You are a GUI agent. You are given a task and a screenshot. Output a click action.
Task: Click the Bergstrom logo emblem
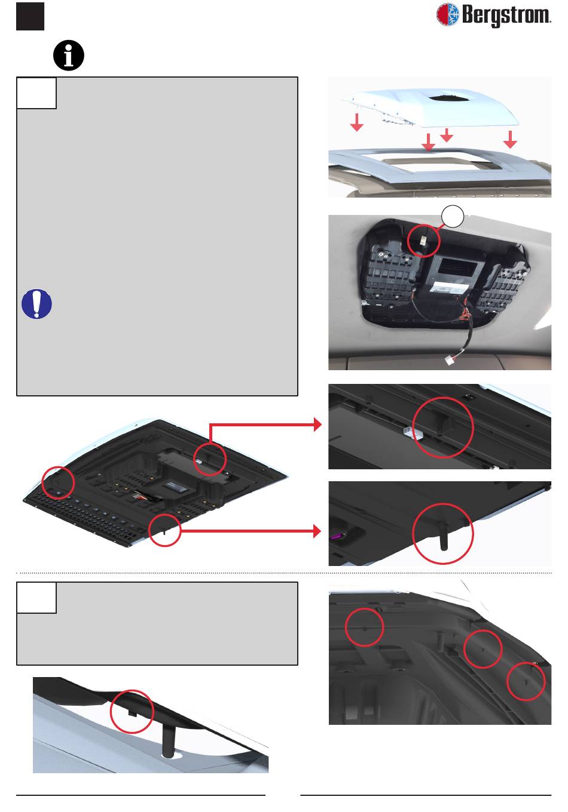447,14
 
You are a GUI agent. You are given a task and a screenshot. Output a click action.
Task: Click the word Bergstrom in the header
506,16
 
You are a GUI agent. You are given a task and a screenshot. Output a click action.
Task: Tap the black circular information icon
69,56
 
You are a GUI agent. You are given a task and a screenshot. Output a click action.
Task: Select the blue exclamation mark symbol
36,304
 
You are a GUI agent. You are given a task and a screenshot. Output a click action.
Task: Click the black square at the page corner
30,16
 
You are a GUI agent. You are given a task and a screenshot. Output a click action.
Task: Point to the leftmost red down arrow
357,122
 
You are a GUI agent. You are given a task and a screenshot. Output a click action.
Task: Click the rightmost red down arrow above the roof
510,140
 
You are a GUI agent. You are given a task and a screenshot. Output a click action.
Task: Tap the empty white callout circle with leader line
453,216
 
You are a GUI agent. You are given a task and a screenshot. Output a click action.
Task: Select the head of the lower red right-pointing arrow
317,531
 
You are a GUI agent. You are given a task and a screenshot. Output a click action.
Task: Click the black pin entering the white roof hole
167,742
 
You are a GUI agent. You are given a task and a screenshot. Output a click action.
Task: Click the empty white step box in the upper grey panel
36,93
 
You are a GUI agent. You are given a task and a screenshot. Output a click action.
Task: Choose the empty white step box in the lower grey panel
36,598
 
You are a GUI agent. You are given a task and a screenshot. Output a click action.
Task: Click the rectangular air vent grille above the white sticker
457,268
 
